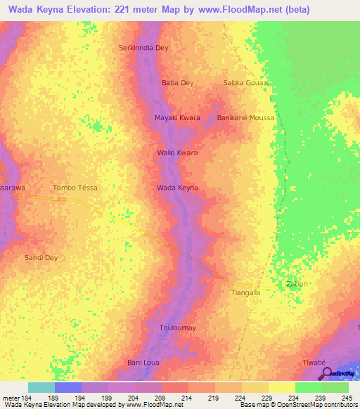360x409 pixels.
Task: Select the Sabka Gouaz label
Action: [246, 82]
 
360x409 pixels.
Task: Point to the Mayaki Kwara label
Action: [177, 117]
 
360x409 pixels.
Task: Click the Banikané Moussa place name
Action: [245, 117]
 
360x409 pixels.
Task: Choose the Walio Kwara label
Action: [177, 152]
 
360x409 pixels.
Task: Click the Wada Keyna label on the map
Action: [177, 188]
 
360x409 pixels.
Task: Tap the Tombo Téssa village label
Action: [75, 188]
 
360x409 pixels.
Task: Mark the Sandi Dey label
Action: [41, 258]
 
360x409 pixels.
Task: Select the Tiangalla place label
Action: [245, 292]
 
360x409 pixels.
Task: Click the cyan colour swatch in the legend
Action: [41, 387]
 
